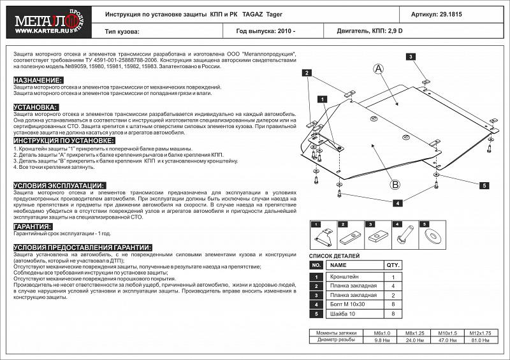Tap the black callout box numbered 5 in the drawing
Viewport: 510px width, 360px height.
[x=484, y=185]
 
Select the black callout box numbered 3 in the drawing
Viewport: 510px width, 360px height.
[x=411, y=57]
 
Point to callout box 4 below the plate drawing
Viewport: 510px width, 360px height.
[x=397, y=203]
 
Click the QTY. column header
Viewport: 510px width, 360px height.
[x=393, y=265]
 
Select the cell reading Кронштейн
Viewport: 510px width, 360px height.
[x=344, y=277]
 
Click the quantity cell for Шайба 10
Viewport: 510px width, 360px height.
[x=393, y=313]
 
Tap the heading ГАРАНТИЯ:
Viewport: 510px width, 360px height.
[x=33, y=226]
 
